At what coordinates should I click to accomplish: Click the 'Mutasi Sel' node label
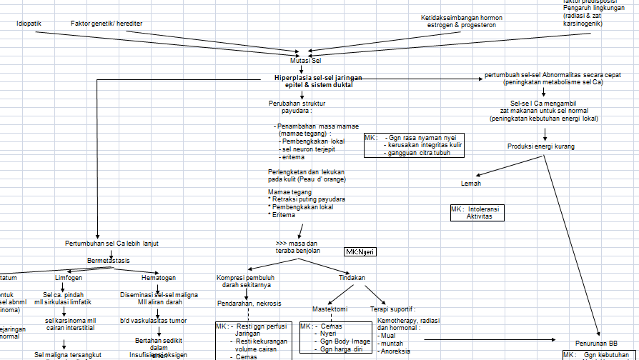305,61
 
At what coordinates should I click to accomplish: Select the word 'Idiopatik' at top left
29,24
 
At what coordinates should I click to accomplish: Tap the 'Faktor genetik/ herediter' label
106,24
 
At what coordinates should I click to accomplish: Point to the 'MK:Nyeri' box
360,252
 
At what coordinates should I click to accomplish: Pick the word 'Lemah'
471,184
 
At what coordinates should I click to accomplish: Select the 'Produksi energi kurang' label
541,146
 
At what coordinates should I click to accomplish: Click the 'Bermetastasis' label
109,261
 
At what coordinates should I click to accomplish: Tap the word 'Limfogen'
69,278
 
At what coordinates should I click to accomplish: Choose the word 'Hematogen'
158,278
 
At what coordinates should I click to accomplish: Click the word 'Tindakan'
351,278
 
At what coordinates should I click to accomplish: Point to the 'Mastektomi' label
330,309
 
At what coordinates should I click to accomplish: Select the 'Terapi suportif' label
392,309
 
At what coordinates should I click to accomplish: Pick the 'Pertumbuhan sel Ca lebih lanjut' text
112,244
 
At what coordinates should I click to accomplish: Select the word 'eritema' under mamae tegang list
293,157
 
